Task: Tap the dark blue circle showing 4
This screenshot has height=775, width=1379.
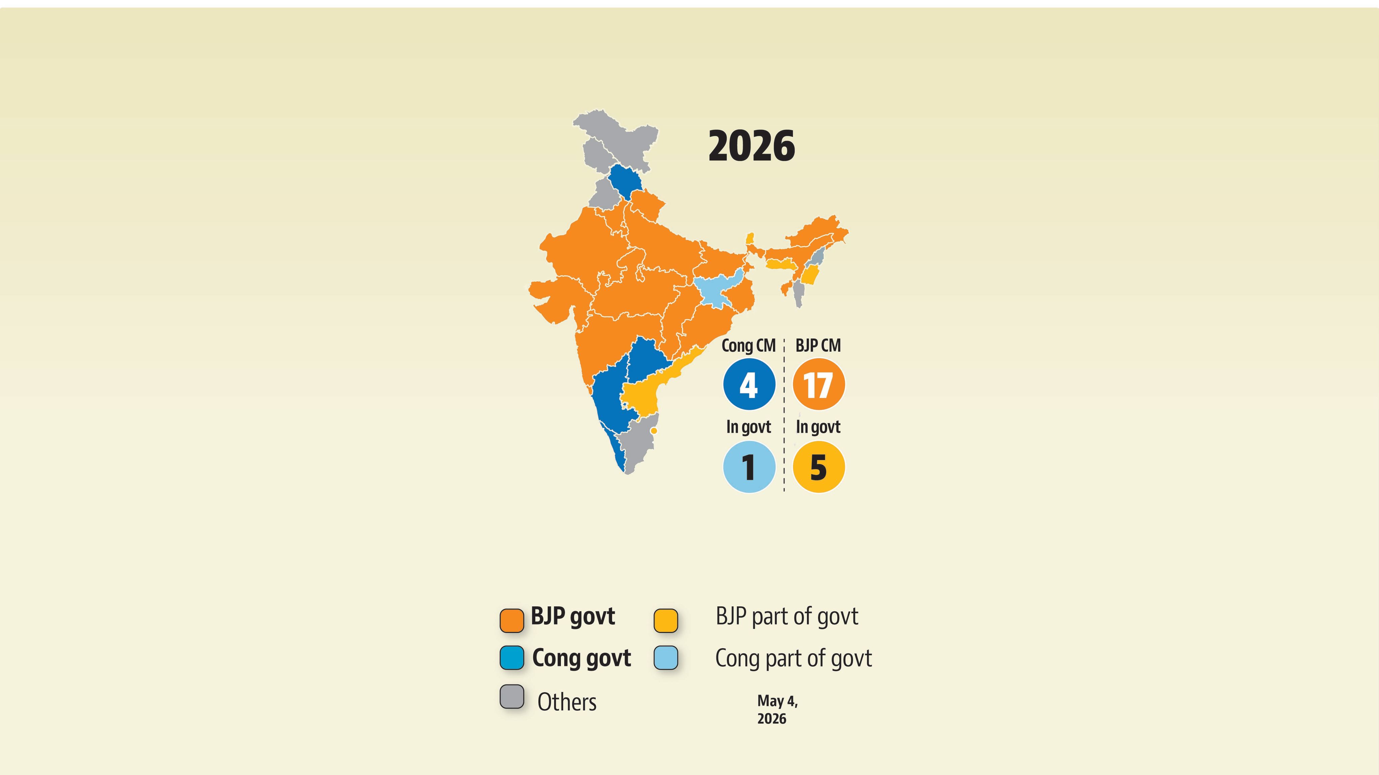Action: point(749,384)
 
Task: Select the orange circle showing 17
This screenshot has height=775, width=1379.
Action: point(818,384)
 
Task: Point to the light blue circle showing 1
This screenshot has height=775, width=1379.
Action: point(749,467)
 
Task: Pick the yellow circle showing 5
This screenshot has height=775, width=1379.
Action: point(818,467)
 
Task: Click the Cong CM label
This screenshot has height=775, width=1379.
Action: point(748,346)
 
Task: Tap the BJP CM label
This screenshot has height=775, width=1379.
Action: point(818,346)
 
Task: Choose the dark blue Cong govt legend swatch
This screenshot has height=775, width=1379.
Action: point(512,658)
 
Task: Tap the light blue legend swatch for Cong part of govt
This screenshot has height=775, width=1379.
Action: point(666,658)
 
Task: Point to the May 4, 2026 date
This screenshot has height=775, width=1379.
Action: point(777,710)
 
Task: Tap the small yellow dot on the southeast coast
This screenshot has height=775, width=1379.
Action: point(653,430)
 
